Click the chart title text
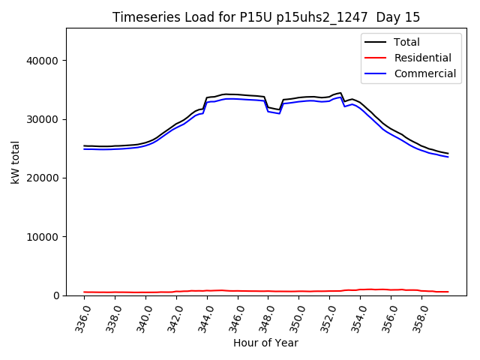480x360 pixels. click(x=266, y=17)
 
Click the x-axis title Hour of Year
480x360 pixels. click(x=265, y=343)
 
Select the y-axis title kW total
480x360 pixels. click(x=15, y=162)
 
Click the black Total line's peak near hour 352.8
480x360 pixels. click(x=340, y=93)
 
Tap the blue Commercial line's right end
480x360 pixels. click(x=448, y=157)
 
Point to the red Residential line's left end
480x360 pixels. click(x=84, y=292)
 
